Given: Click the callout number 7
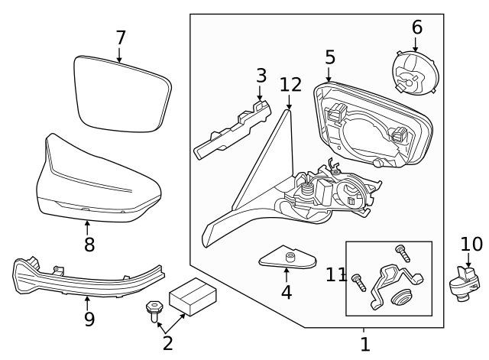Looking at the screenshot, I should pos(120,37).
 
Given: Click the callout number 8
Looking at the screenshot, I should pos(89,244).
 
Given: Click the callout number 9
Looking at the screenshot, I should pos(89,319).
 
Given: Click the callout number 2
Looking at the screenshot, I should pos(167,343).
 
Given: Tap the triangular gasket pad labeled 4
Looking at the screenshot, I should pos(288,259).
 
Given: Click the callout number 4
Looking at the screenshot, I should pos(287,292).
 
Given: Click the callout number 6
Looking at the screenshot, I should pos(416,28).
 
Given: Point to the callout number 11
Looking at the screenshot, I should pos(336,275).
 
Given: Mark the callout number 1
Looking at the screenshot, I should pos(364,344).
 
